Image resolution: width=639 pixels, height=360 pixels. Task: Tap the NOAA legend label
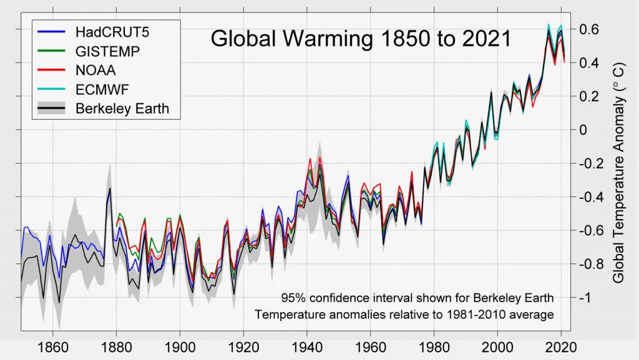[95, 71]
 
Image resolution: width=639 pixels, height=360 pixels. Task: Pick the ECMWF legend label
[103, 89]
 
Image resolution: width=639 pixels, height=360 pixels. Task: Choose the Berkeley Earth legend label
[122, 108]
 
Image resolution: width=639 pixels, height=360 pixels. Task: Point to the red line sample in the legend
[52, 71]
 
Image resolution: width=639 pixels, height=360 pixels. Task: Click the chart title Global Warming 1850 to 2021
[361, 39]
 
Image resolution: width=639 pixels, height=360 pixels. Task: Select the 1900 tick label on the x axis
[180, 347]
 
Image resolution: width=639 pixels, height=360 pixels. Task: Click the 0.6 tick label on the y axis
[590, 30]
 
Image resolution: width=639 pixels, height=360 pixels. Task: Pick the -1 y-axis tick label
[585, 298]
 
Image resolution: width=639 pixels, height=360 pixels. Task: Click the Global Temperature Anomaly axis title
[620, 172]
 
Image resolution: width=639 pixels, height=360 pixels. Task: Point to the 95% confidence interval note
[417, 298]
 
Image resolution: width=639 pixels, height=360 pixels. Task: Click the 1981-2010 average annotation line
[404, 314]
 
